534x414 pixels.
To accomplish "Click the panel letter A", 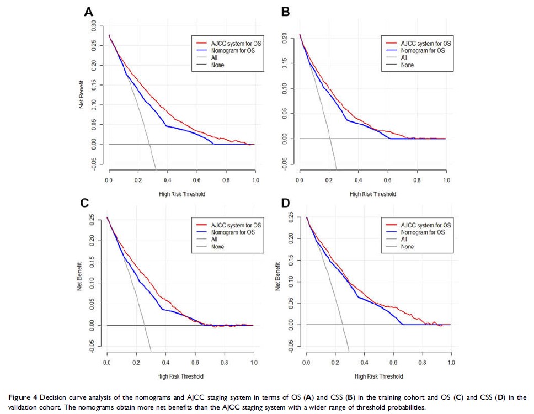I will point(88,12).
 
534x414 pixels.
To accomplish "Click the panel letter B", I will point(286,12).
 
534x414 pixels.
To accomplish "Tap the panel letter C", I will point(84,203).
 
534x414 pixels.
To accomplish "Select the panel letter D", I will point(286,203).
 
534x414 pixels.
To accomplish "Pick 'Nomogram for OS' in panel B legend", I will point(423,50).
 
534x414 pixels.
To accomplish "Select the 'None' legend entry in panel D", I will point(407,247).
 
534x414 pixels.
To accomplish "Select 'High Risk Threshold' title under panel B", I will point(373,194).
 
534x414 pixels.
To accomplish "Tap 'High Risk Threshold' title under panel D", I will point(378,376).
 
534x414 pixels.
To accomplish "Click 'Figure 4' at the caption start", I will point(20,397).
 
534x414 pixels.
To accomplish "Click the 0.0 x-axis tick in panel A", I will point(109,181).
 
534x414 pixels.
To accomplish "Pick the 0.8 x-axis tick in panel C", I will point(224,363).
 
